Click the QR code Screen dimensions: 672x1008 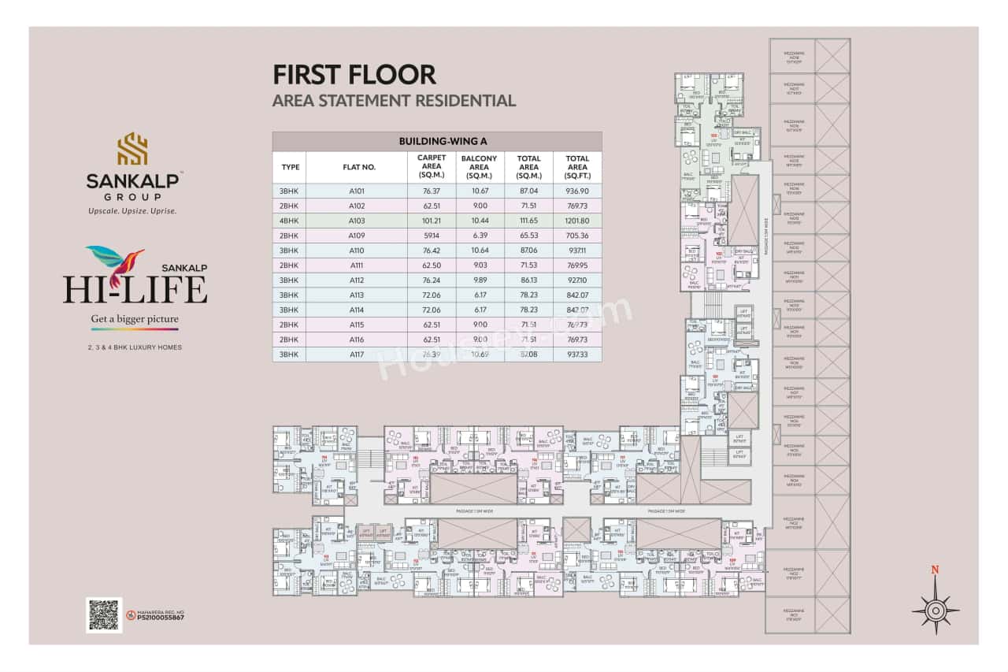point(103,614)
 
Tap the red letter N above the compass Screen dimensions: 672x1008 point(935,570)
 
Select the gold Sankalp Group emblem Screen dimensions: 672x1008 point(132,149)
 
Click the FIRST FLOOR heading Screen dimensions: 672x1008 point(354,75)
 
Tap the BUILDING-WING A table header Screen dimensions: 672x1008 point(437,141)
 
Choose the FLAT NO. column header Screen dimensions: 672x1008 point(359,167)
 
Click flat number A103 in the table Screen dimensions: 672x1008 point(358,221)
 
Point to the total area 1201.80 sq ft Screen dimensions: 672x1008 point(577,221)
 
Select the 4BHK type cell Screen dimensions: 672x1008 point(290,221)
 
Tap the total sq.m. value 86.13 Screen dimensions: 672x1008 point(528,280)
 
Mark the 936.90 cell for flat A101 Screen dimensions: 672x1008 point(577,191)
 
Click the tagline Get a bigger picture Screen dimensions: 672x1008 point(135,319)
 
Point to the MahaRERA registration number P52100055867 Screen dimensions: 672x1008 point(160,618)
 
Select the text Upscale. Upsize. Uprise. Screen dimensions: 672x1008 point(132,211)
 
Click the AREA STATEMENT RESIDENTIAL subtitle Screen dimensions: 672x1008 point(394,101)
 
